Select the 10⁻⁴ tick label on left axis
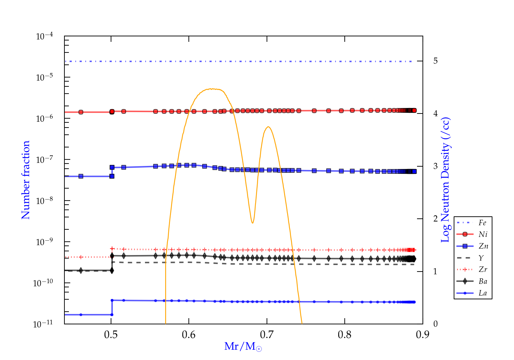(x=45, y=36)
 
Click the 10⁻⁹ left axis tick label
(x=45, y=242)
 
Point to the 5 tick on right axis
(x=436, y=61)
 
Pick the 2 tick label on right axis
(x=436, y=219)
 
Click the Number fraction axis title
(x=26, y=180)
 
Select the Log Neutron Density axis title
(x=445, y=180)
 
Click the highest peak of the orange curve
(x=212, y=89)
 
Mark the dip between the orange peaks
(x=253, y=223)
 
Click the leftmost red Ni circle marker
(x=81, y=112)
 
